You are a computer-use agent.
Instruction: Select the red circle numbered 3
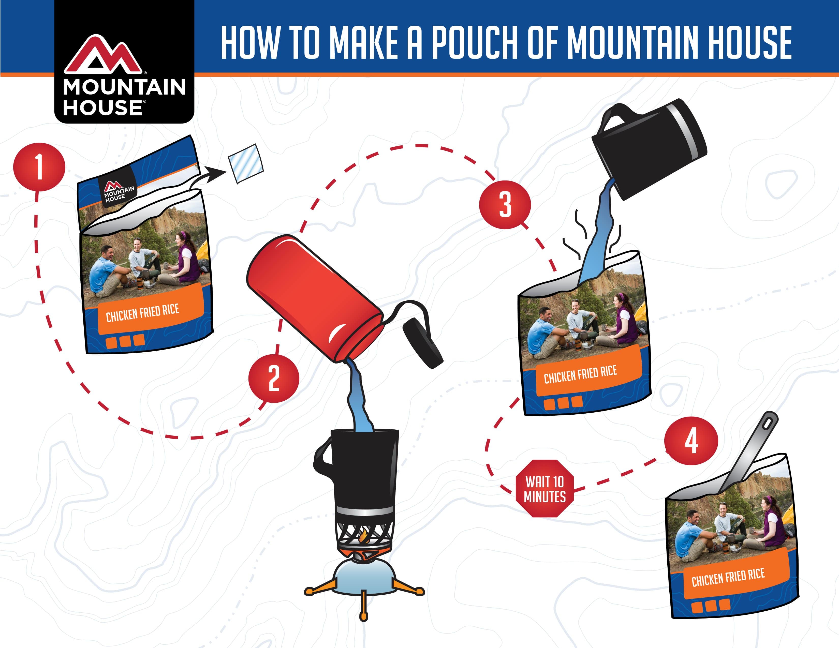coord(505,205)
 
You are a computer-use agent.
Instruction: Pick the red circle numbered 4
coord(691,441)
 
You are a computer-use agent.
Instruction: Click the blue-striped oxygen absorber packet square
coord(246,164)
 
